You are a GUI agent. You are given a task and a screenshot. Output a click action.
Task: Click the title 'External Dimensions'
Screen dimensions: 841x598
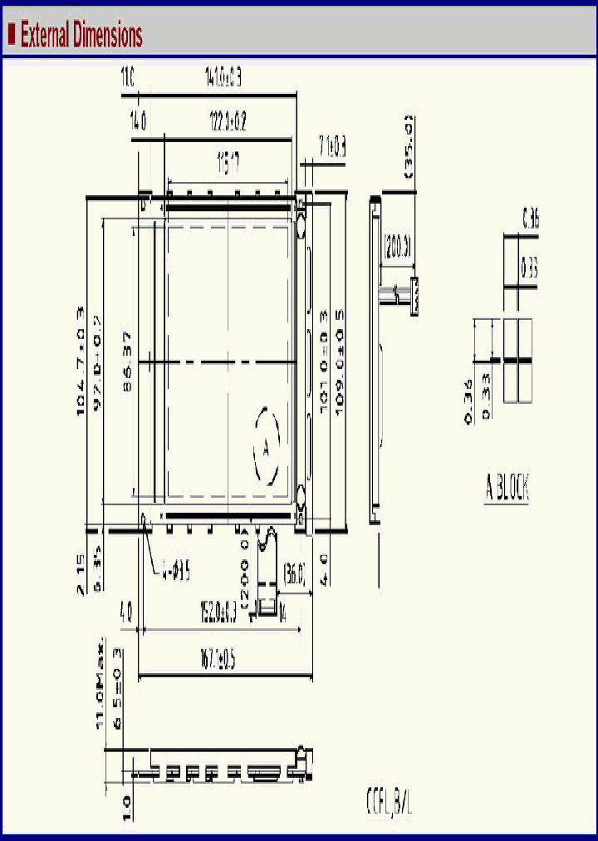click(81, 36)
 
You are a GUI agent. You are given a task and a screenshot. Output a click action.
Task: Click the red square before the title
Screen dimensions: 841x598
click(12, 35)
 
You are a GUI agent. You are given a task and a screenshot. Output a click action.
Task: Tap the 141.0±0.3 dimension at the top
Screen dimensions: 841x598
click(222, 80)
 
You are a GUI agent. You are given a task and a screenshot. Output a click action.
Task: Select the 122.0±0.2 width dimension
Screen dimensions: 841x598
click(227, 123)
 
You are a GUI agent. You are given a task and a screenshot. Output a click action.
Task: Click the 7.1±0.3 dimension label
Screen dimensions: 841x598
click(331, 149)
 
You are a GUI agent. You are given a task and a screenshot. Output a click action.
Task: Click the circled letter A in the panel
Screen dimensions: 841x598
click(266, 446)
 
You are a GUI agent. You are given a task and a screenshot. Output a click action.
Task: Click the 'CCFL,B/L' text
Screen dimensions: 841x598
click(389, 804)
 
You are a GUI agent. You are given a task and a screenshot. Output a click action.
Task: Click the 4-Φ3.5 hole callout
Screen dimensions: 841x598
click(175, 572)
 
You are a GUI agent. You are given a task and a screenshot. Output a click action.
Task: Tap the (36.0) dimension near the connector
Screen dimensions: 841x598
click(295, 573)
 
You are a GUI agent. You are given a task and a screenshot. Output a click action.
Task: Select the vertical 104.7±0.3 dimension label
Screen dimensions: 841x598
click(81, 361)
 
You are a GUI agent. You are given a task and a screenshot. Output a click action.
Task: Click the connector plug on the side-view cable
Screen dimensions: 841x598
click(414, 297)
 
